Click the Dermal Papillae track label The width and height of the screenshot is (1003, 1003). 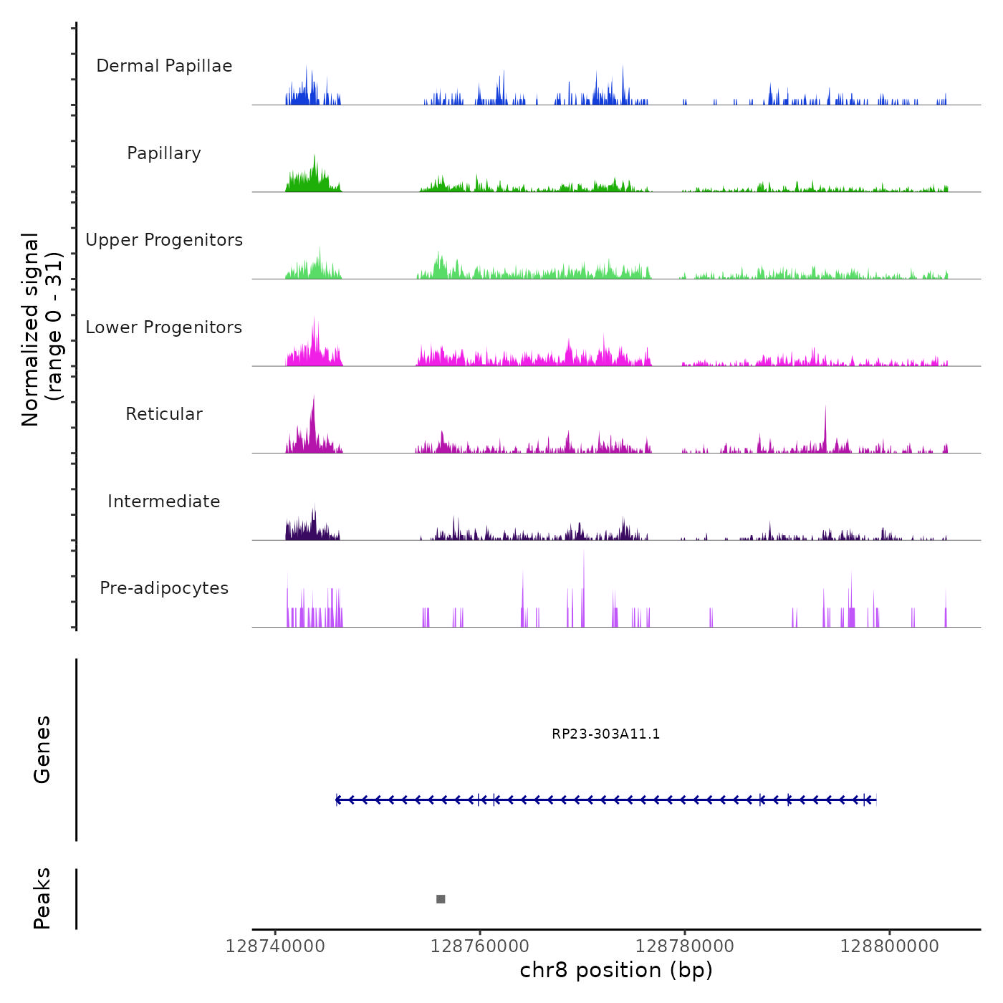[x=164, y=66]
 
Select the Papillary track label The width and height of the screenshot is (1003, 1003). [x=164, y=153]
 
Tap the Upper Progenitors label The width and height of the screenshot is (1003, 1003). [x=164, y=240]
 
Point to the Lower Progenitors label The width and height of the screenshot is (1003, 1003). [x=164, y=327]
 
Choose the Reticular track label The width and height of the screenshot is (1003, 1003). [x=164, y=414]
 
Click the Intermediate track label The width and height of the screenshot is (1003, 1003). [x=164, y=501]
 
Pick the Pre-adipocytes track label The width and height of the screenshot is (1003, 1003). [x=164, y=588]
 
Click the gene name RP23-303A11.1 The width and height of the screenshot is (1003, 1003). [x=606, y=734]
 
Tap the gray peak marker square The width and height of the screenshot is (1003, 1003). [x=441, y=899]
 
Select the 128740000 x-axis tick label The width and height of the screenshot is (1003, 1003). [x=275, y=946]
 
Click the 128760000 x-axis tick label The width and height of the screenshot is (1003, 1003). [x=480, y=946]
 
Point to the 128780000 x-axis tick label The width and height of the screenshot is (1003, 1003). [x=685, y=946]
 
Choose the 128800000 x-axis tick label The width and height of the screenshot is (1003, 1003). [x=890, y=946]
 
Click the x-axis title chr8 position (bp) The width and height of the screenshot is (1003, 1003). [x=616, y=971]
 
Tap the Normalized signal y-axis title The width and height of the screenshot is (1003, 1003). [x=42, y=329]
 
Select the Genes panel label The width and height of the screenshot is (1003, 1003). [x=42, y=749]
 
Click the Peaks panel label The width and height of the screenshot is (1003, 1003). [x=42, y=898]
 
